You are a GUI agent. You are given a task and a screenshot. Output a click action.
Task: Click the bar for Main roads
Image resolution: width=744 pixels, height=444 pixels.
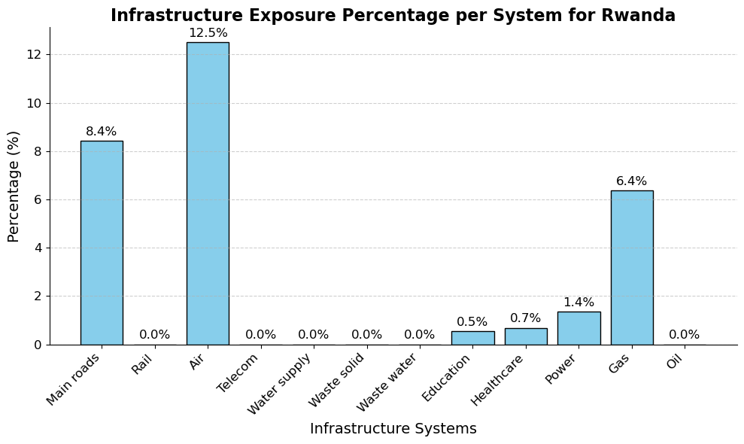pyautogui.click(x=102, y=242)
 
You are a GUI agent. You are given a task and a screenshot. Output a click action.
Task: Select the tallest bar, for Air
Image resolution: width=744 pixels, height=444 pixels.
pyautogui.click(x=208, y=193)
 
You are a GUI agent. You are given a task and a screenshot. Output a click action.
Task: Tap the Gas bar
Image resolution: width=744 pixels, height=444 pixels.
pyautogui.click(x=632, y=267)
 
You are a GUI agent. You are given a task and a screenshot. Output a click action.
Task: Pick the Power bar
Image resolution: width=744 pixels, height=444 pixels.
pyautogui.click(x=578, y=328)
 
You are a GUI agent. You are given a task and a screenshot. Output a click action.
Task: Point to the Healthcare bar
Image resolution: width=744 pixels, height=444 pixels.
pyautogui.click(x=526, y=336)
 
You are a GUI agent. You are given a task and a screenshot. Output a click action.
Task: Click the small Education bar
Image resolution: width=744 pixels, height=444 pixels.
pyautogui.click(x=472, y=338)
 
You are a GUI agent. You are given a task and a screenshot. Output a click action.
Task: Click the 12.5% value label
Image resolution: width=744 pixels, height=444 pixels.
pyautogui.click(x=208, y=33)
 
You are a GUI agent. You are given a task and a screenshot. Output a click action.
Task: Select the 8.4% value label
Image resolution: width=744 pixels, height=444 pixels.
pyautogui.click(x=102, y=132)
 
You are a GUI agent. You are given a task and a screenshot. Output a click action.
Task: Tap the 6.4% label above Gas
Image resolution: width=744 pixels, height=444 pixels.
pyautogui.click(x=632, y=181)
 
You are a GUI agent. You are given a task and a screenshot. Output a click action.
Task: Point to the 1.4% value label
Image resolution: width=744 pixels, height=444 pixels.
pyautogui.click(x=578, y=303)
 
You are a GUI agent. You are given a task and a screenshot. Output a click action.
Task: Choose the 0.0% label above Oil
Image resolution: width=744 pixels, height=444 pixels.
pyautogui.click(x=685, y=335)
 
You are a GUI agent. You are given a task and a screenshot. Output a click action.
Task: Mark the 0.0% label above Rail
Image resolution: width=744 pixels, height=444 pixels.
pyautogui.click(x=155, y=335)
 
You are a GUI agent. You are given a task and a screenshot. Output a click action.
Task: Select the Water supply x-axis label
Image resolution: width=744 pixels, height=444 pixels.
pyautogui.click(x=281, y=382)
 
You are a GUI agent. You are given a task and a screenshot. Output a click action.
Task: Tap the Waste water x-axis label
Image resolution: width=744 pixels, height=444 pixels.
pyautogui.click(x=388, y=382)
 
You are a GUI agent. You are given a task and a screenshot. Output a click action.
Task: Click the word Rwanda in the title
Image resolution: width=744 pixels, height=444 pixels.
pyautogui.click(x=638, y=16)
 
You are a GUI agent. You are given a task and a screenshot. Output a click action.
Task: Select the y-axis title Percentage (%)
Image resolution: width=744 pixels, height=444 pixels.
pyautogui.click(x=14, y=186)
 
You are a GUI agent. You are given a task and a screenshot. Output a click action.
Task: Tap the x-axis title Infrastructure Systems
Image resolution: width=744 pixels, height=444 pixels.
pyautogui.click(x=393, y=429)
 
